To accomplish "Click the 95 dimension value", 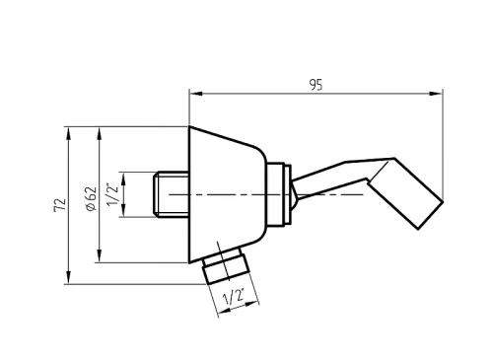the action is click(x=317, y=85).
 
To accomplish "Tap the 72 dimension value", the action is click(x=60, y=205).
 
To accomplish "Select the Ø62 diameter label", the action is click(x=91, y=198).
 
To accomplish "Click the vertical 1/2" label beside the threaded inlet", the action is click(x=112, y=195).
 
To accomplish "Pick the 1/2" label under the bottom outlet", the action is click(x=234, y=297).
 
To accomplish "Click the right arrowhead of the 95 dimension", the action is click(x=436, y=94).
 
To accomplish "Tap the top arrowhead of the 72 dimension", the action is click(x=68, y=133).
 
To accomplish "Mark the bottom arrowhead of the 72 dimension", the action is click(x=68, y=277).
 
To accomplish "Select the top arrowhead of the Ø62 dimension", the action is click(x=100, y=134).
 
